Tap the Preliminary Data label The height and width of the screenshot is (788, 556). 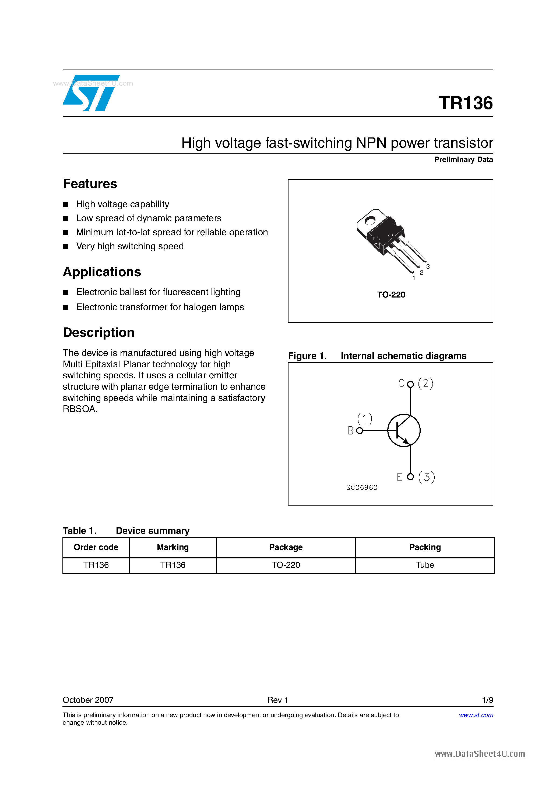pos(463,160)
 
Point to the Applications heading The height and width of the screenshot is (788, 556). pos(102,272)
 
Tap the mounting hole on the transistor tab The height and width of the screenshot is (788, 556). pos(370,221)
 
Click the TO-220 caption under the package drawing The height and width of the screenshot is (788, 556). pos(391,295)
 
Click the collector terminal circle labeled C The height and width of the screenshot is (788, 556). pos(410,384)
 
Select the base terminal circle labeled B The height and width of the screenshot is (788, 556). pos(359,431)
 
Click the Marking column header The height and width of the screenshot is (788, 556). pos(173,547)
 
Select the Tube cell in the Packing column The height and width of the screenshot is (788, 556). pos(425,565)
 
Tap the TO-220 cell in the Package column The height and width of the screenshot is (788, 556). pos(286,565)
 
